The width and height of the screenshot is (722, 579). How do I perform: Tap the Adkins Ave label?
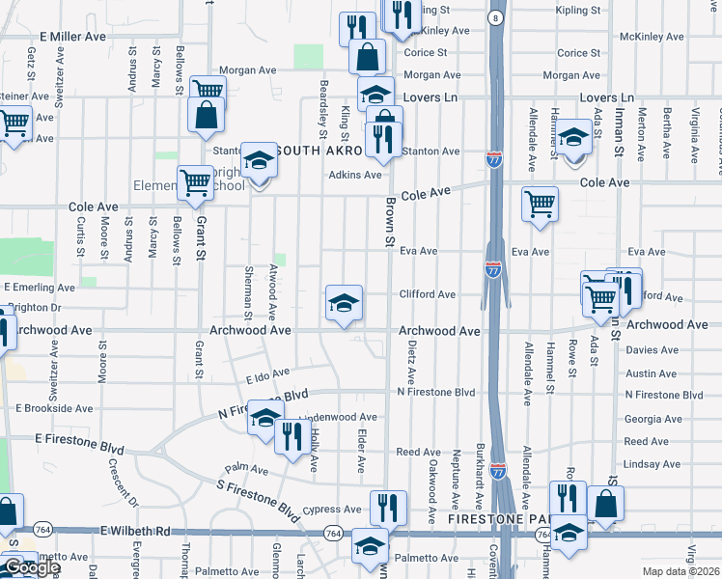tap(354, 175)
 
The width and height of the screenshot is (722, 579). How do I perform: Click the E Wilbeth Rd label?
tap(134, 531)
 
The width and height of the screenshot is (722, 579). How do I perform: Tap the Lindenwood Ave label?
tap(338, 418)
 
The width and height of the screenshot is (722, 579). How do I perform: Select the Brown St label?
tap(391, 222)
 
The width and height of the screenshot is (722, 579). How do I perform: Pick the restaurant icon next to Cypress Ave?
tap(388, 507)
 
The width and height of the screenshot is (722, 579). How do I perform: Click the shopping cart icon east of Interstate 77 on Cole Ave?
tap(540, 204)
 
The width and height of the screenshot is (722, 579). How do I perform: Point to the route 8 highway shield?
tap(495, 18)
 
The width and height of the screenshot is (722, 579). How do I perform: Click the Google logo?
tap(31, 567)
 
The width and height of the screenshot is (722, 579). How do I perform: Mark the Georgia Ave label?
tap(653, 419)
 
